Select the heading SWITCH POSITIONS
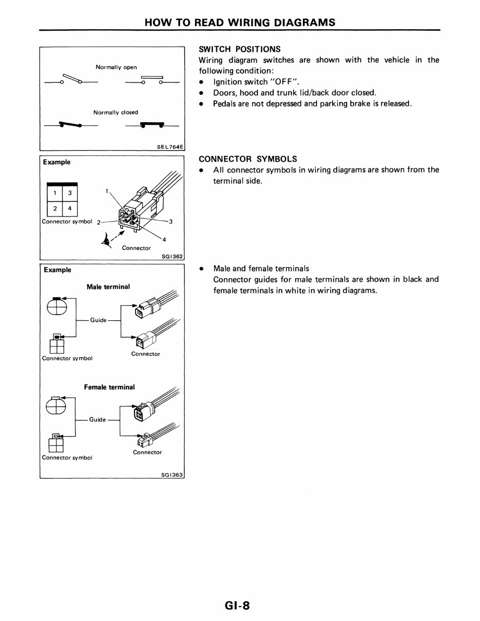[239, 49]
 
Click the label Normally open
[116, 67]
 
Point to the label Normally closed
[116, 112]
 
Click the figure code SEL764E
[169, 146]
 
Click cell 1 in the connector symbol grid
[54, 192]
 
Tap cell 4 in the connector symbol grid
[70, 208]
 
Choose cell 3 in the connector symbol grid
[70, 192]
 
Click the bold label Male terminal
[108, 287]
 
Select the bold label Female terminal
[109, 387]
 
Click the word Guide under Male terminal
[98, 320]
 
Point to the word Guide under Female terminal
[98, 419]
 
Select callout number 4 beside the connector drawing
[164, 239]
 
